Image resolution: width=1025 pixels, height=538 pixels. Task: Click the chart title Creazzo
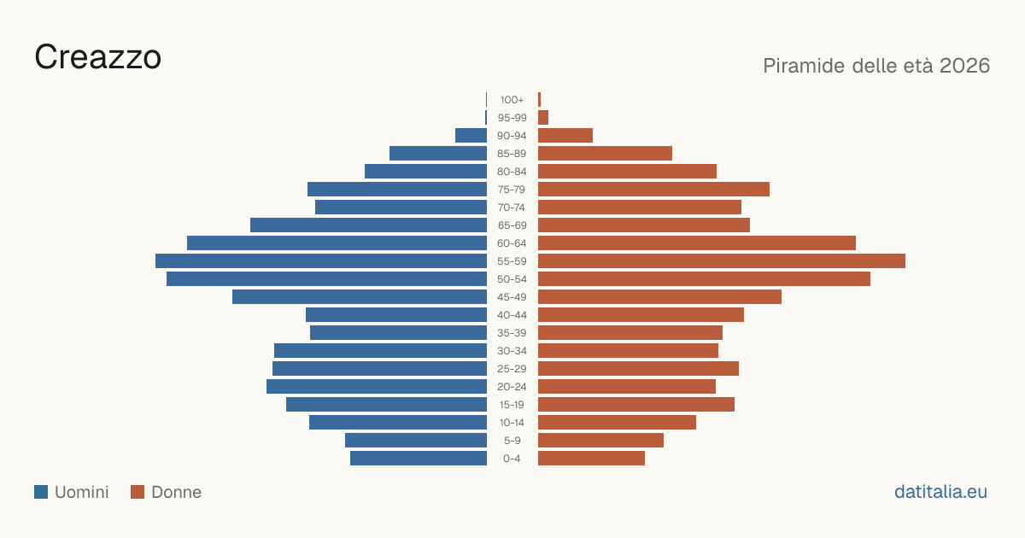(x=98, y=57)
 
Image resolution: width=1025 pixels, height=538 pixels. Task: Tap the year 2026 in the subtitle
(x=964, y=66)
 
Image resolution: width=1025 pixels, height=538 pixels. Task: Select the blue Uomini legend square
(x=41, y=492)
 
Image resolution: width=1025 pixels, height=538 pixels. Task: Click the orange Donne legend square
(x=138, y=492)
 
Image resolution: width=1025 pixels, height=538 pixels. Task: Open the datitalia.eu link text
(x=940, y=492)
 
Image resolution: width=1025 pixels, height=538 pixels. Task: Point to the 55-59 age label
(x=512, y=261)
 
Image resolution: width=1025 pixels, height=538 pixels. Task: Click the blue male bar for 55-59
(x=321, y=260)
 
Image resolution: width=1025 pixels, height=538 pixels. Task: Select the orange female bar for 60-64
(x=697, y=243)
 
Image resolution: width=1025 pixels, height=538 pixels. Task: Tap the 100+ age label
(x=512, y=100)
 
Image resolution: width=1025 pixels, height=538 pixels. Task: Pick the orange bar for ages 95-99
(x=543, y=118)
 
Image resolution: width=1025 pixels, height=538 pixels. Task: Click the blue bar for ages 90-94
(x=471, y=136)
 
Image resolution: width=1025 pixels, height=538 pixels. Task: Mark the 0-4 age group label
(x=512, y=459)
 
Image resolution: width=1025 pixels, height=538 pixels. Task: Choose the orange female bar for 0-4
(x=591, y=459)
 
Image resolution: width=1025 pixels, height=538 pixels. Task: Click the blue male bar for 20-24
(x=377, y=387)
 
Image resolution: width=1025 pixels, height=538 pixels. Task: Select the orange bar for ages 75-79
(x=653, y=190)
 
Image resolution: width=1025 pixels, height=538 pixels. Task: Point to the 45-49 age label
(x=512, y=297)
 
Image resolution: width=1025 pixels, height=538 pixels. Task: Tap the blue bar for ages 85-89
(x=438, y=153)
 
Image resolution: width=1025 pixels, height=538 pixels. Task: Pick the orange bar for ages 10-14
(x=617, y=422)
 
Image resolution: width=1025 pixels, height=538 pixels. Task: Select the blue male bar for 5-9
(x=416, y=440)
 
